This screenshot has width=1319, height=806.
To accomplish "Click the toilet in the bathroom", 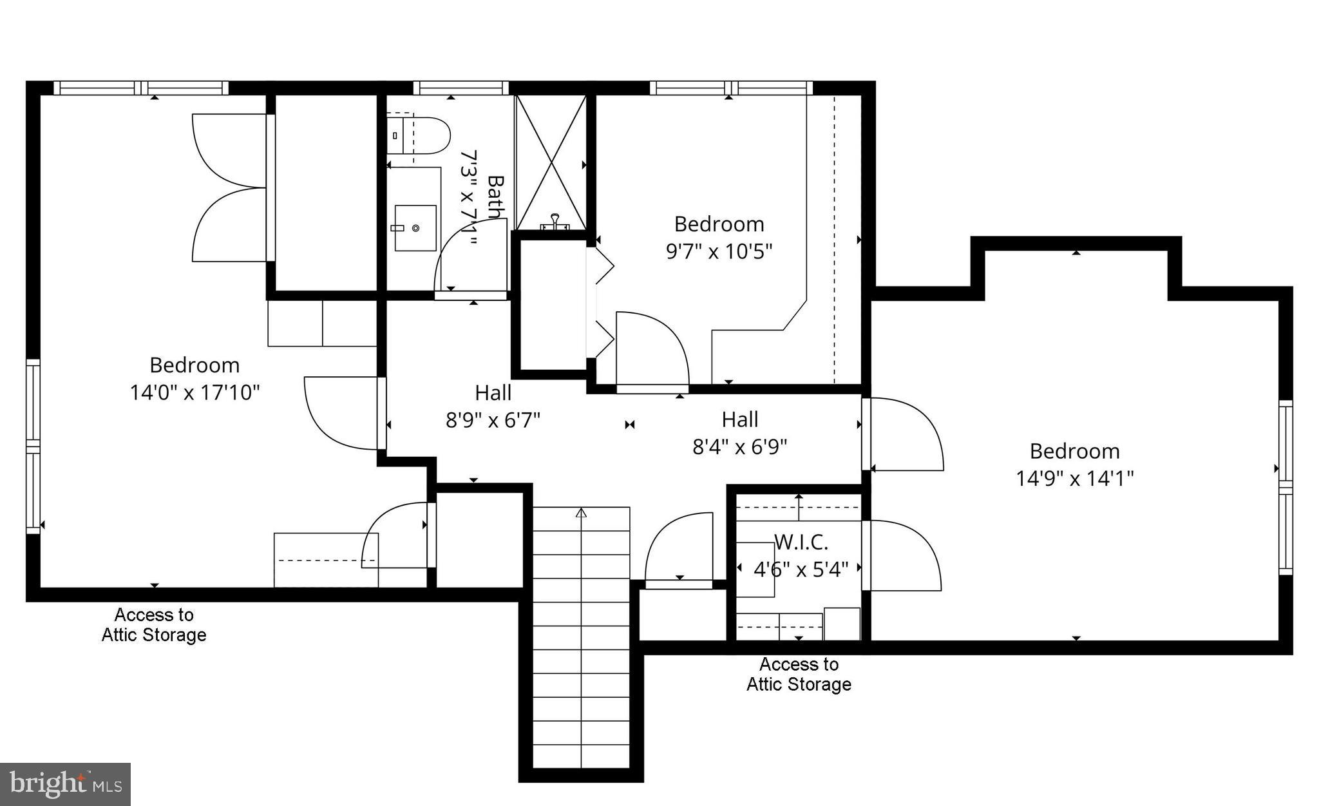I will tap(419, 135).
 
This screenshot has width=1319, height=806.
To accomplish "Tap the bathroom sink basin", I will tap(415, 227).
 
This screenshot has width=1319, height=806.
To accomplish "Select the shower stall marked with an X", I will tap(551, 161).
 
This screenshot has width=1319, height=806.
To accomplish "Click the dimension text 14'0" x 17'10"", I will tap(195, 392).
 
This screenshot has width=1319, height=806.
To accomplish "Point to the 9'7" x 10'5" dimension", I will tap(719, 251).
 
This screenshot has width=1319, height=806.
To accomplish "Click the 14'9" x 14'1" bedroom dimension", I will tap(1074, 479).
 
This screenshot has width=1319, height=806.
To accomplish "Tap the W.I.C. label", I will tap(801, 542).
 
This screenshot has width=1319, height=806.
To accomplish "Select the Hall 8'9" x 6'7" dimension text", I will tap(493, 420).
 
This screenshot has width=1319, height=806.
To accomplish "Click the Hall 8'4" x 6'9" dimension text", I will tap(739, 446).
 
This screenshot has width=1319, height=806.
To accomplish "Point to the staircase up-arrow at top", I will tap(581, 513).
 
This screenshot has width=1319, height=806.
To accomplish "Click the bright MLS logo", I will tap(65, 784).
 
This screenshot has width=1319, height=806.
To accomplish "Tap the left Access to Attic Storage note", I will tap(154, 624).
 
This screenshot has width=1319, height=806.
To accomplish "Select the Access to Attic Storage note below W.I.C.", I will tap(799, 674).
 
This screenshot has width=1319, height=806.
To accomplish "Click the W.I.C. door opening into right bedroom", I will tap(902, 554).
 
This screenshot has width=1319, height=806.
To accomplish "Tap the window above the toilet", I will tap(460, 88).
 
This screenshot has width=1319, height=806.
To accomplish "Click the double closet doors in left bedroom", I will tap(229, 187).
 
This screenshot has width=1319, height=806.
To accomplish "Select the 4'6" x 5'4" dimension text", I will tap(801, 570).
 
